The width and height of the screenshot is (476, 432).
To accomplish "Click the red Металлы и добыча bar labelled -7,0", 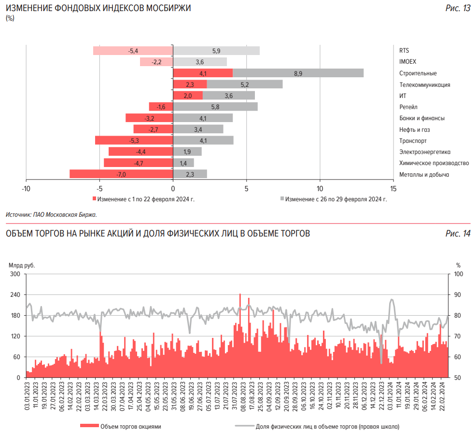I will [121, 174].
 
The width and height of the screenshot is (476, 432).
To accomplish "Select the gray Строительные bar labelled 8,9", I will [298, 73].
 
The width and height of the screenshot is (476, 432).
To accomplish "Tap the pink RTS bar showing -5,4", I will [133, 51].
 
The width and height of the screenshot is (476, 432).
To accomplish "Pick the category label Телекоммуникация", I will [424, 84].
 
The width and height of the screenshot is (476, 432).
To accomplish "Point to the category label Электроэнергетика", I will [424, 152].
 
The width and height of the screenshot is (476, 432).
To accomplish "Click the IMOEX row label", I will [407, 62].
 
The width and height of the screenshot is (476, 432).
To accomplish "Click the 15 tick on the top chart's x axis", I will [392, 188].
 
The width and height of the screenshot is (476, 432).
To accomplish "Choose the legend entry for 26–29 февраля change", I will [334, 198].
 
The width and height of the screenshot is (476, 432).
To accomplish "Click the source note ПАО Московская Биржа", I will [52, 214].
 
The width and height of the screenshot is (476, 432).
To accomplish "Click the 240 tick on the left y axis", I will [15, 294].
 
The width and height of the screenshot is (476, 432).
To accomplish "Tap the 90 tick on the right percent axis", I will [458, 294].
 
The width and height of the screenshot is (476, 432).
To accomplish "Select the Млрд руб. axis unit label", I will [21, 265].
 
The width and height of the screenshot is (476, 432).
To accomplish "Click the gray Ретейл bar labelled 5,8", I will [215, 107].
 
